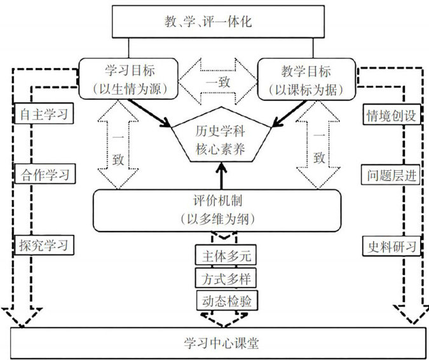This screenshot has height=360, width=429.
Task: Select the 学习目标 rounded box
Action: tap(130, 79)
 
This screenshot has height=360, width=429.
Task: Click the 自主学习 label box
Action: tap(43, 115)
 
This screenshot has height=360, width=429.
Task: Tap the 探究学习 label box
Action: tap(43, 244)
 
